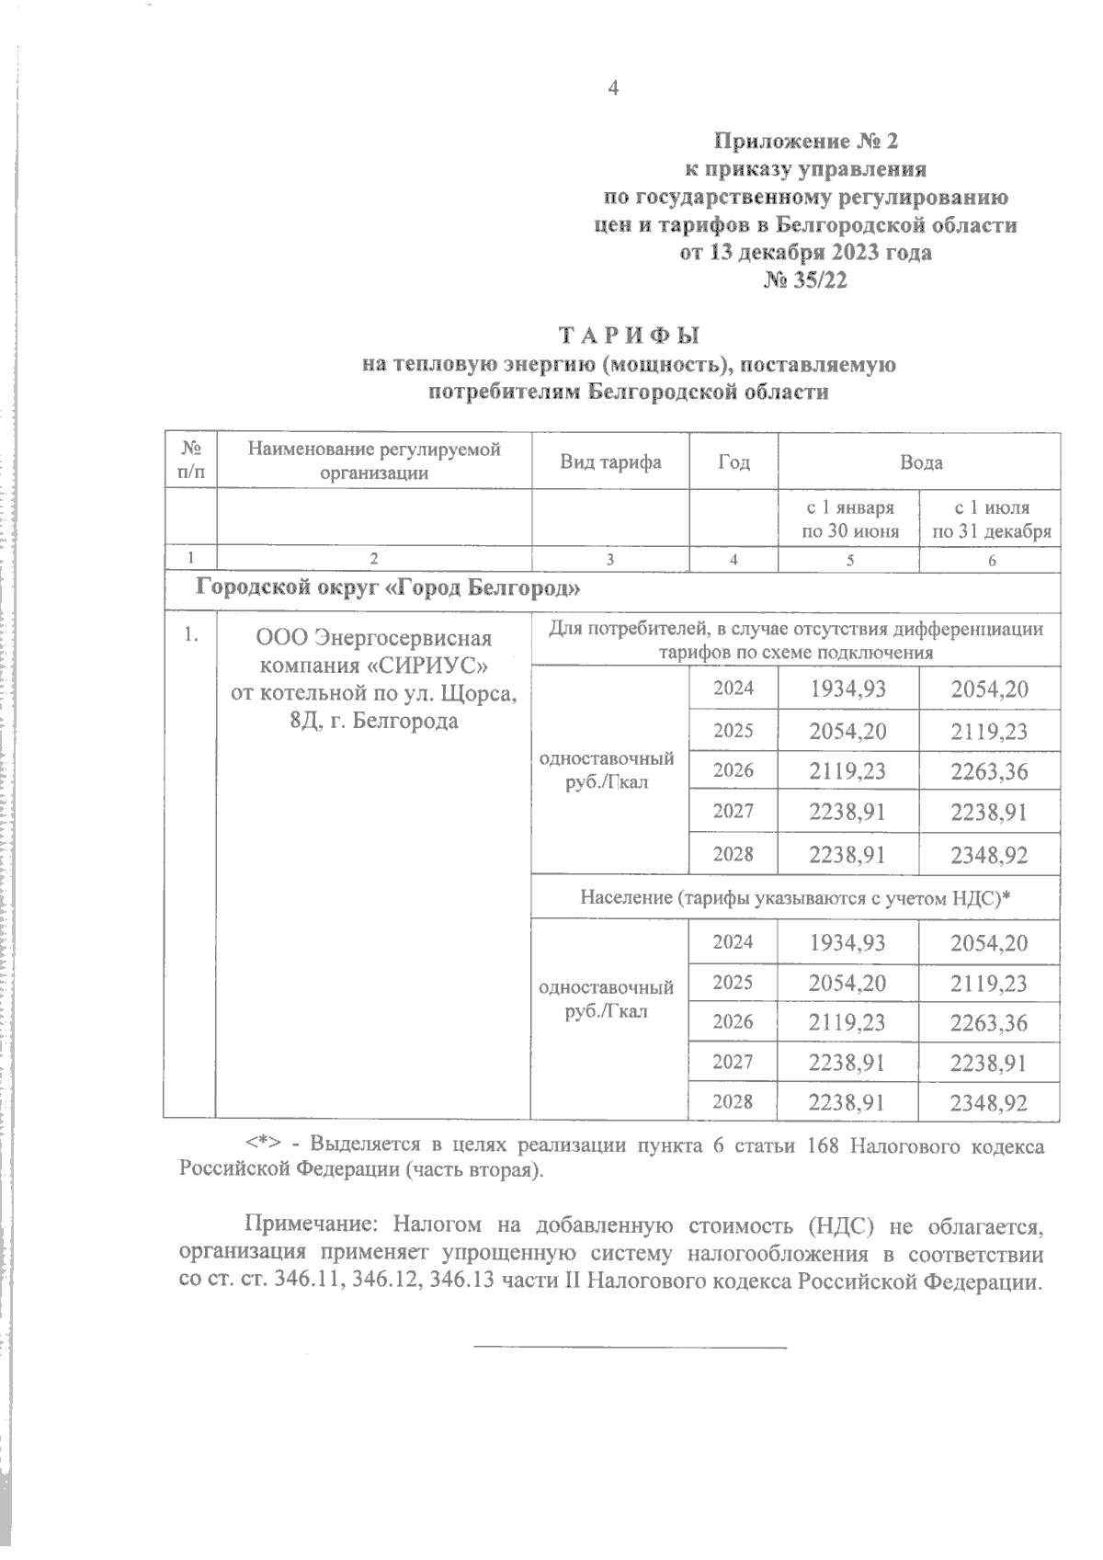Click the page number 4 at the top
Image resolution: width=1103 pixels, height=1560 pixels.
(x=614, y=88)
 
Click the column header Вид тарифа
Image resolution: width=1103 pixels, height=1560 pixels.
(x=610, y=462)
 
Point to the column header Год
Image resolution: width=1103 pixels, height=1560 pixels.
(x=733, y=462)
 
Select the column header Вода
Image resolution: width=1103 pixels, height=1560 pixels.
(x=920, y=462)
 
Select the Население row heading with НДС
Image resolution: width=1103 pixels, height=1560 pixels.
(x=794, y=897)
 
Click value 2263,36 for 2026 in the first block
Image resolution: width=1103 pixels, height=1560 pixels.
(x=989, y=771)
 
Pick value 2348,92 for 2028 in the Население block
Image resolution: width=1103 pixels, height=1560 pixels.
(x=989, y=1102)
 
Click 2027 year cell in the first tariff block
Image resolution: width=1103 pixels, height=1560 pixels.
(x=733, y=811)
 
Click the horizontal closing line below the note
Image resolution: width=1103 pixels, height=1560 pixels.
(x=630, y=1348)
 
